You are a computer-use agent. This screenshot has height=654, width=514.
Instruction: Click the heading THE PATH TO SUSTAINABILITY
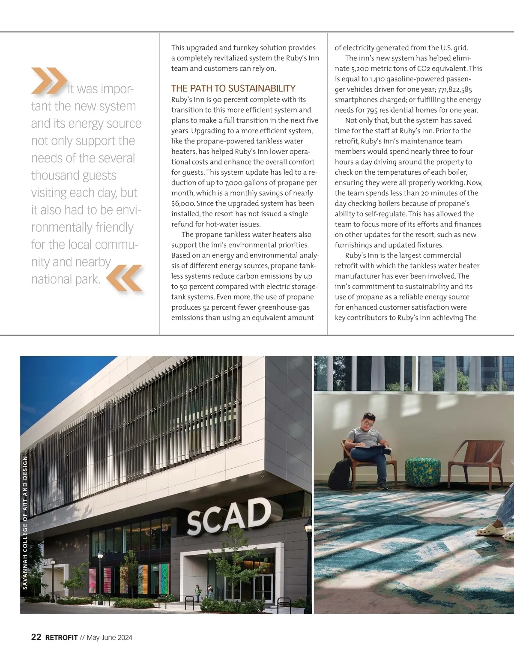point(233,89)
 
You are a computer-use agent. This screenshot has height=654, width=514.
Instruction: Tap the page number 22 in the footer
point(36,637)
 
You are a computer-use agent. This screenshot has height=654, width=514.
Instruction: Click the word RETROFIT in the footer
point(61,637)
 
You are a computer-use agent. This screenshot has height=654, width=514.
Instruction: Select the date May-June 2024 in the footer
point(109,637)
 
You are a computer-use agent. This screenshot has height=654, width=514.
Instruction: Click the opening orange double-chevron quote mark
point(48,81)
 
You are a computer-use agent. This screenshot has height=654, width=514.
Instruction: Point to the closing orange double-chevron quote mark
point(124,278)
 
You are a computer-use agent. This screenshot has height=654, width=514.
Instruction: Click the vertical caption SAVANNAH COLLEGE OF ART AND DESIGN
point(25,523)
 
